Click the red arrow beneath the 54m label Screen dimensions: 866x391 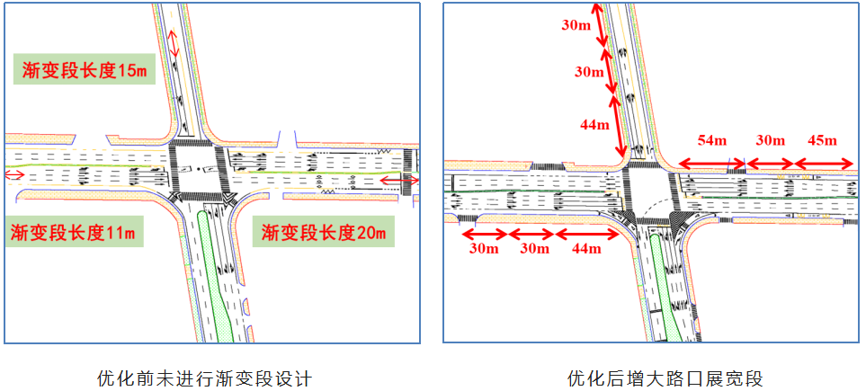coord(711,164)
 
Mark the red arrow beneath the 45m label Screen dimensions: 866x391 coord(822,164)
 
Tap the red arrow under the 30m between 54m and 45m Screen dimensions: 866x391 coord(769,164)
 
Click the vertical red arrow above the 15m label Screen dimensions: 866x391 coord(174,43)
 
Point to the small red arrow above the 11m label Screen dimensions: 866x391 coord(14,174)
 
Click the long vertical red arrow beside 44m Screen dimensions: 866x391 coord(618,130)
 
